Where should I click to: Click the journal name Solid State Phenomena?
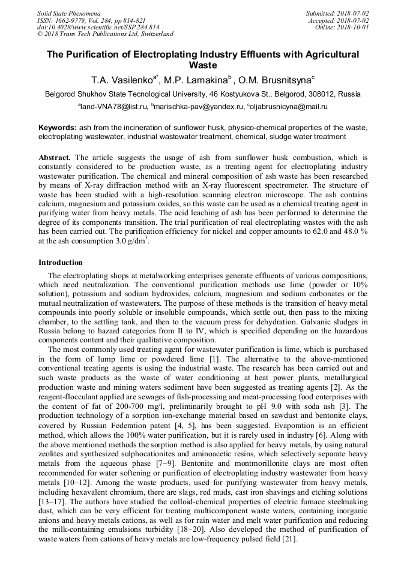pos(68,13)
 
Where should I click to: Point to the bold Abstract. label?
pos(55,158)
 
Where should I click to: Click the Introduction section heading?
pos(61,263)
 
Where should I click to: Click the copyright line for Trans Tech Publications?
pos(105,34)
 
